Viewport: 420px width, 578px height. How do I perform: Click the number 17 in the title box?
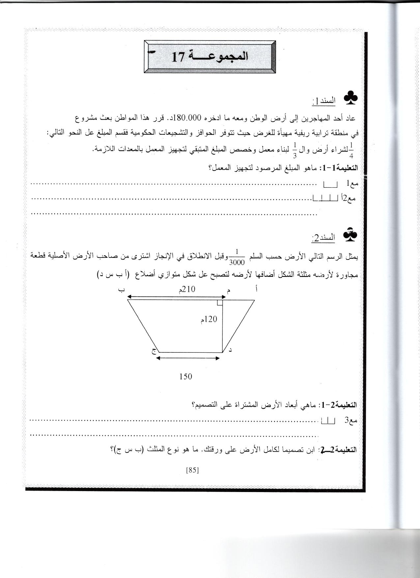pyautogui.click(x=178, y=57)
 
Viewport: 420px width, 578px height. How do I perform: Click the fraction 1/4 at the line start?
pyautogui.click(x=351, y=150)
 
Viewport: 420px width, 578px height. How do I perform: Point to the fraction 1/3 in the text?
pyautogui.click(x=294, y=150)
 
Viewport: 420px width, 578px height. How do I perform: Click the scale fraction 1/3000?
pyautogui.click(x=237, y=258)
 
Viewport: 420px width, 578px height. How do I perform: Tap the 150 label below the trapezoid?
pyautogui.click(x=185, y=376)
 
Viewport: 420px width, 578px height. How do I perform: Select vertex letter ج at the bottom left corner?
pyautogui.click(x=154, y=351)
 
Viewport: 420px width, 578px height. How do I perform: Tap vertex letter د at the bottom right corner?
pyautogui.click(x=230, y=350)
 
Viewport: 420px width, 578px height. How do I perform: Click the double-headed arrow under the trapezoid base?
pyautogui.click(x=188, y=358)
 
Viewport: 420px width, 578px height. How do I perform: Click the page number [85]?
pyautogui.click(x=192, y=470)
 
